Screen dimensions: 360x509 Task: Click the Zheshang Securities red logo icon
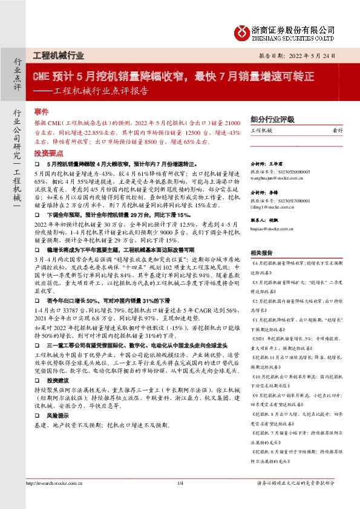(x=243, y=32)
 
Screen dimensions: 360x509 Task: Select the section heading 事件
(x=41, y=113)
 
